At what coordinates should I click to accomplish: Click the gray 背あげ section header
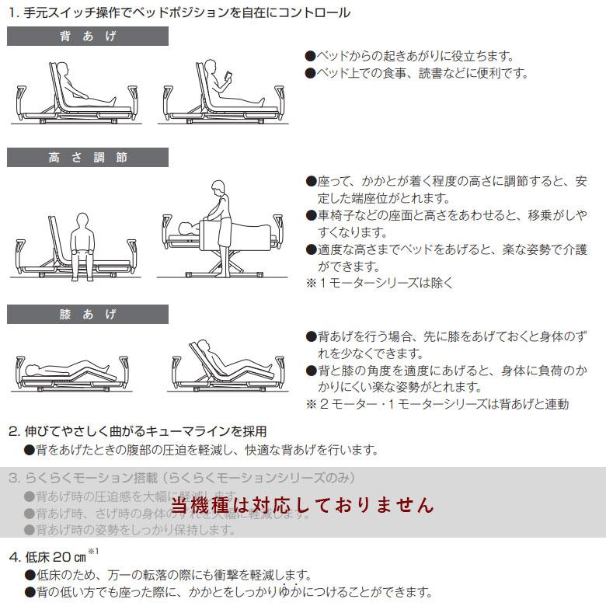tap(87, 36)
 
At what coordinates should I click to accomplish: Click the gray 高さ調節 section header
tap(87, 158)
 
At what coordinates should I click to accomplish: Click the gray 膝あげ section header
tap(87, 314)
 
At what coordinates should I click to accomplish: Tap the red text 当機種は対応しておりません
tap(302, 505)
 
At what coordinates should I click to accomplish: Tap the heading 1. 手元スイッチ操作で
tap(179, 12)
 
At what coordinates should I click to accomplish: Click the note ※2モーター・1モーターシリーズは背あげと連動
tap(437, 404)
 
